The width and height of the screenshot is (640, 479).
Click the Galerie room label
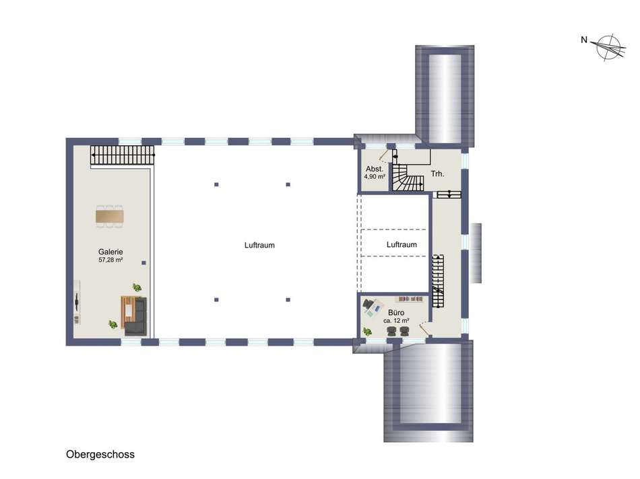[110, 252]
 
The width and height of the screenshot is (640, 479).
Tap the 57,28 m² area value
[110, 260]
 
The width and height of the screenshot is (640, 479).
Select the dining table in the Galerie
[109, 216]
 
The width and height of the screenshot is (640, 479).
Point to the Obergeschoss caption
[100, 454]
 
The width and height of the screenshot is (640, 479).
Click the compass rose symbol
[609, 47]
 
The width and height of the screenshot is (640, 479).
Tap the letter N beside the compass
[584, 40]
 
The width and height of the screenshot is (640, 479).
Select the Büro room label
[396, 313]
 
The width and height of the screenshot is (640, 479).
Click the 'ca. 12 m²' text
[396, 321]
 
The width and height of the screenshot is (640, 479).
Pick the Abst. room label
[375, 169]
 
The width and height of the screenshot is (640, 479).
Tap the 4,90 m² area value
[375, 177]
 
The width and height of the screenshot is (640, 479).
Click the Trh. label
[437, 174]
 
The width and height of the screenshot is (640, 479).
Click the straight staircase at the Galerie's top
[123, 155]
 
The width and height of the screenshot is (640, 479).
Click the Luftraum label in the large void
[259, 245]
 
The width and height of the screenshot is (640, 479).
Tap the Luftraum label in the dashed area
[402, 245]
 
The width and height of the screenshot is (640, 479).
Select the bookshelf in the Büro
[411, 299]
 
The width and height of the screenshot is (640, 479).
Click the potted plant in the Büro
[368, 332]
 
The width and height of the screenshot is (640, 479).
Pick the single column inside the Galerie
[143, 263]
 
